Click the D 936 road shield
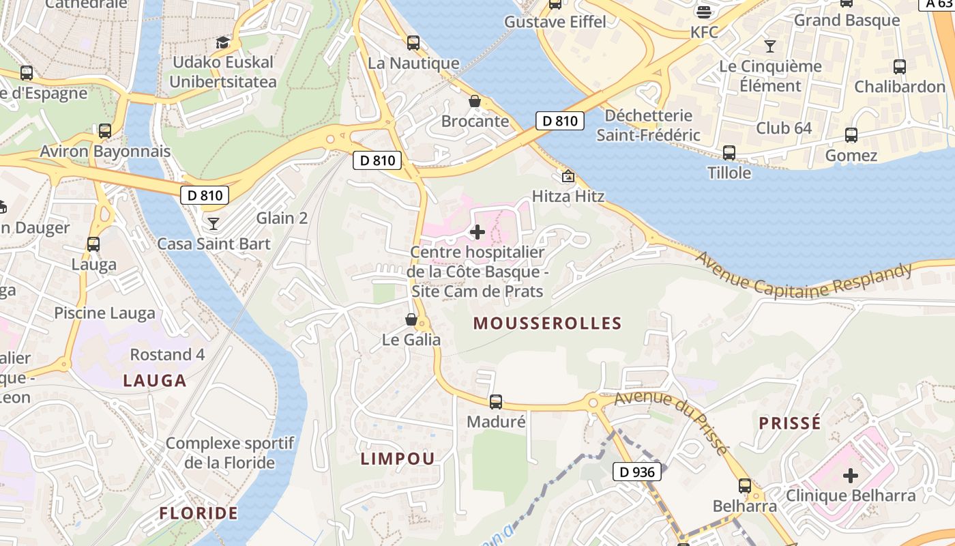point(637,472)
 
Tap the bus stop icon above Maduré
point(496,402)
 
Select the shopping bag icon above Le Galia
point(411,319)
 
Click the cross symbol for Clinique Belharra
point(851,475)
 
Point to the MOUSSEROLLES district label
point(547,324)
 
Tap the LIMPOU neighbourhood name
point(398,459)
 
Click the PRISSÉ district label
point(790,423)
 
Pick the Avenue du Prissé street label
point(671,421)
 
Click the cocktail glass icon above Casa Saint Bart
point(214,223)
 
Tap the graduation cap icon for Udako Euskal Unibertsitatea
point(223,42)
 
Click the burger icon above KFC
point(704,12)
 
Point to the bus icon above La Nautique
point(413,43)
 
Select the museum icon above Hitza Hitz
point(568,177)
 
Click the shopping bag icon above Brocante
point(475,102)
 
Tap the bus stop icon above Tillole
point(729,153)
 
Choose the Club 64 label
point(784,128)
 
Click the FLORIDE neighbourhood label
point(199,513)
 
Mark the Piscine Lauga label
point(105,313)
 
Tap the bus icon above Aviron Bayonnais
point(105,131)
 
